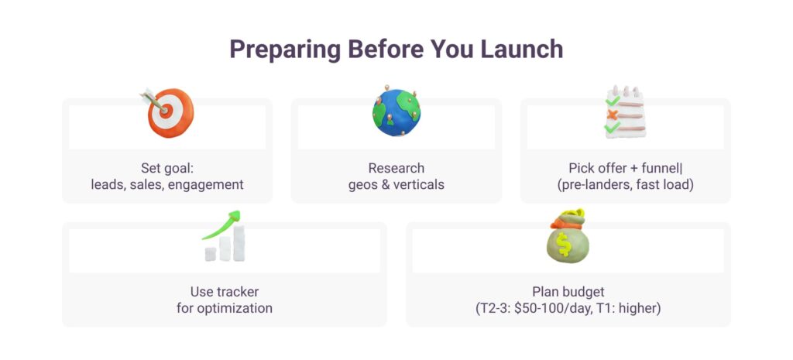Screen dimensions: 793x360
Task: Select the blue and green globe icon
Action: pos(396,111)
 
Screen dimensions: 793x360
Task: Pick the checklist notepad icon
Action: pos(626,111)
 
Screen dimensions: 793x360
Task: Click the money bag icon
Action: pos(568,236)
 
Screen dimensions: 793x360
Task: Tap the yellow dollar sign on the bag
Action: pos(564,244)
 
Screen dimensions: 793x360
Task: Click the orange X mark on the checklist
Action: pos(612,115)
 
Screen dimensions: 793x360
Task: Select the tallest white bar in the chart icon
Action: pos(239,243)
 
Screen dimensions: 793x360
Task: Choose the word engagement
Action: pos(206,185)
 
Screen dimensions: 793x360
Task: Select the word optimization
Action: pos(242,308)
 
